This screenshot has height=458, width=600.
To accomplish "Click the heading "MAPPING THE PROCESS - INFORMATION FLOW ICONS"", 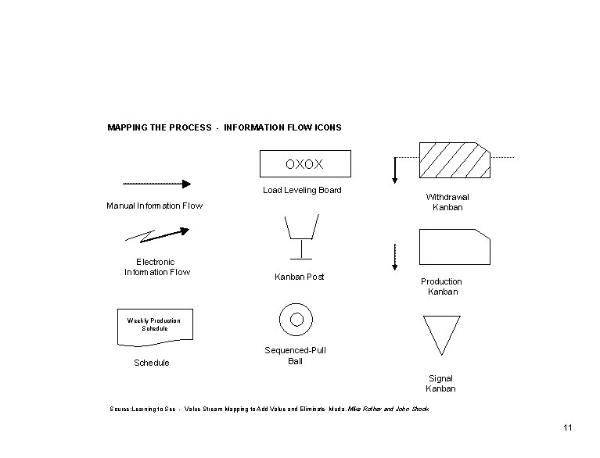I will tap(224, 127).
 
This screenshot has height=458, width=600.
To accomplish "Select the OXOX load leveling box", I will tap(305, 165).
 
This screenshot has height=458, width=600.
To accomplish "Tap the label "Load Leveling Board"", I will tap(302, 190).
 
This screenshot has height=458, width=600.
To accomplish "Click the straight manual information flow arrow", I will tap(156, 184).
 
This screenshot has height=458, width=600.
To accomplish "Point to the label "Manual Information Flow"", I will tap(154, 206).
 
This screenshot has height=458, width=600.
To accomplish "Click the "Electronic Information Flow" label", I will tap(156, 267).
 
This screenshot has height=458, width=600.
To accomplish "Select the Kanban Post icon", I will tap(300, 234).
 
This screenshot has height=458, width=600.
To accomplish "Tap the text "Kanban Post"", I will tap(299, 277).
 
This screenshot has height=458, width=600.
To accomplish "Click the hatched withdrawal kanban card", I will tap(454, 160).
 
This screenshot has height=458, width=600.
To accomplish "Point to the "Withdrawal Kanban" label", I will tap(447, 202).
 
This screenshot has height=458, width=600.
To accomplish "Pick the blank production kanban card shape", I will tap(454, 246).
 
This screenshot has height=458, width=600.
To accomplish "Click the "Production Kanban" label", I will tap(441, 286).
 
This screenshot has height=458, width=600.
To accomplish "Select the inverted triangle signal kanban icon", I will tap(440, 335).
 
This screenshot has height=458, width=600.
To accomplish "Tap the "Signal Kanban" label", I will tap(440, 384).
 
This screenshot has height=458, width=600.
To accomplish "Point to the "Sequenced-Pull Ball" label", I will tap(295, 356).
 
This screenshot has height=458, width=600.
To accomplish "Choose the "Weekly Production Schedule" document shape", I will tap(154, 326).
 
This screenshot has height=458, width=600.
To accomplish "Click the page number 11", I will tap(567, 428).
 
